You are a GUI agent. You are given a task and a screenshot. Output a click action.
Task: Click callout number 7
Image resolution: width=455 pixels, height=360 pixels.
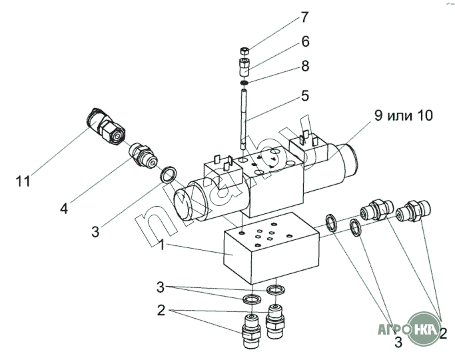pos(304,17)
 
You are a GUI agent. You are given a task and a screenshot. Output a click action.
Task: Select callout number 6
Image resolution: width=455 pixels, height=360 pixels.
pos(304,41)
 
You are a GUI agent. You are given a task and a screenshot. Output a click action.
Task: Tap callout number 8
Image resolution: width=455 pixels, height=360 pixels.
pos(304,66)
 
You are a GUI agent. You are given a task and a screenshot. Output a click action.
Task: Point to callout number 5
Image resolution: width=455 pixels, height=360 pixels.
pos(304,95)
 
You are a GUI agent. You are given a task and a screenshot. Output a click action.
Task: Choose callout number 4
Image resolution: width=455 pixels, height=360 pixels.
pos(64,208)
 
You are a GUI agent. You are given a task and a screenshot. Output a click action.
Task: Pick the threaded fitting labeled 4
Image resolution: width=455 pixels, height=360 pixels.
pos(141,154)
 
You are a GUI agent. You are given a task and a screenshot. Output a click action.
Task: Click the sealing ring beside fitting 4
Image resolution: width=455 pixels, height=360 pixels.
pos(169,175)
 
